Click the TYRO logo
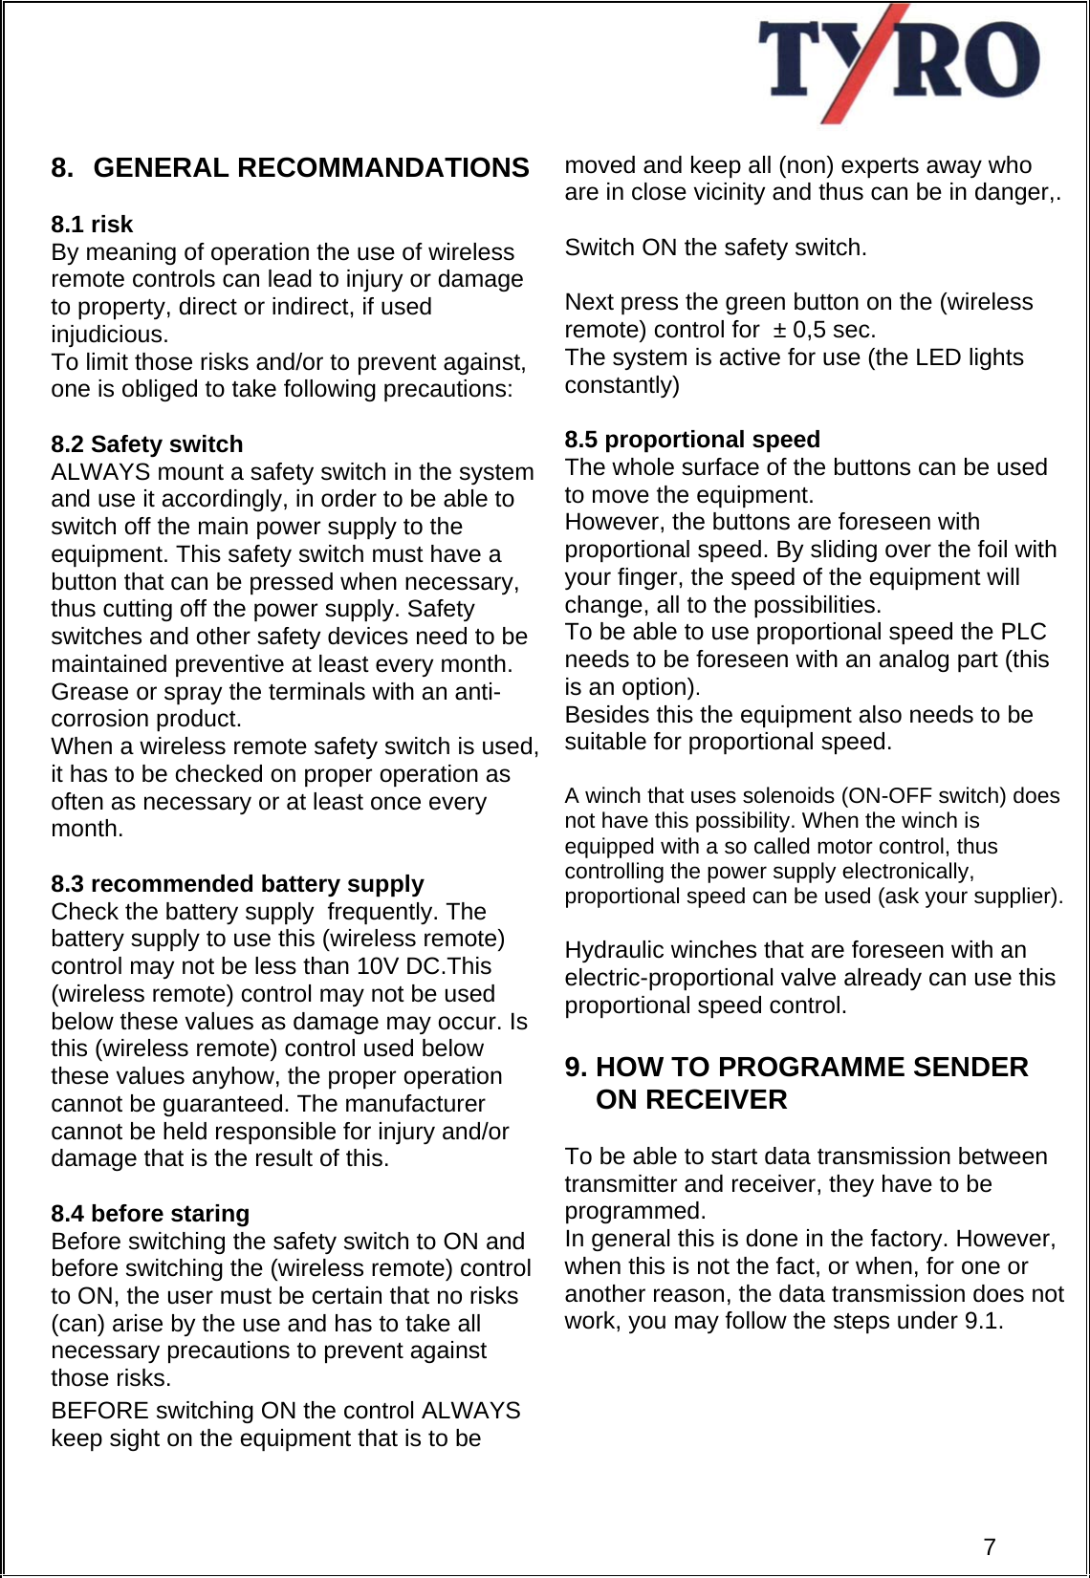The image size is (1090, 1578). [x=899, y=62]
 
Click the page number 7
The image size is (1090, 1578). [x=990, y=1546]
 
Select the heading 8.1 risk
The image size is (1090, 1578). [x=92, y=225]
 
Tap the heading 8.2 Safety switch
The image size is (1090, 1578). [x=147, y=444]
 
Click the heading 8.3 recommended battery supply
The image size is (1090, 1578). [x=237, y=884]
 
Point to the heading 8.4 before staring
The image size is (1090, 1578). [x=150, y=1214]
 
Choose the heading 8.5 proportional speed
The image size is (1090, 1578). [x=692, y=440]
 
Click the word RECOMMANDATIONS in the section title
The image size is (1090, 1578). [x=382, y=168]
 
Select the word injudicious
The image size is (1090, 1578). [x=109, y=335]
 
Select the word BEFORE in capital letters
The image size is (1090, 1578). [x=99, y=1412]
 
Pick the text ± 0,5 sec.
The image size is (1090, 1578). [x=824, y=330]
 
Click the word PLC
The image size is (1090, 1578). [x=1023, y=633]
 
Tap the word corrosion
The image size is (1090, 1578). [x=94, y=720]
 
